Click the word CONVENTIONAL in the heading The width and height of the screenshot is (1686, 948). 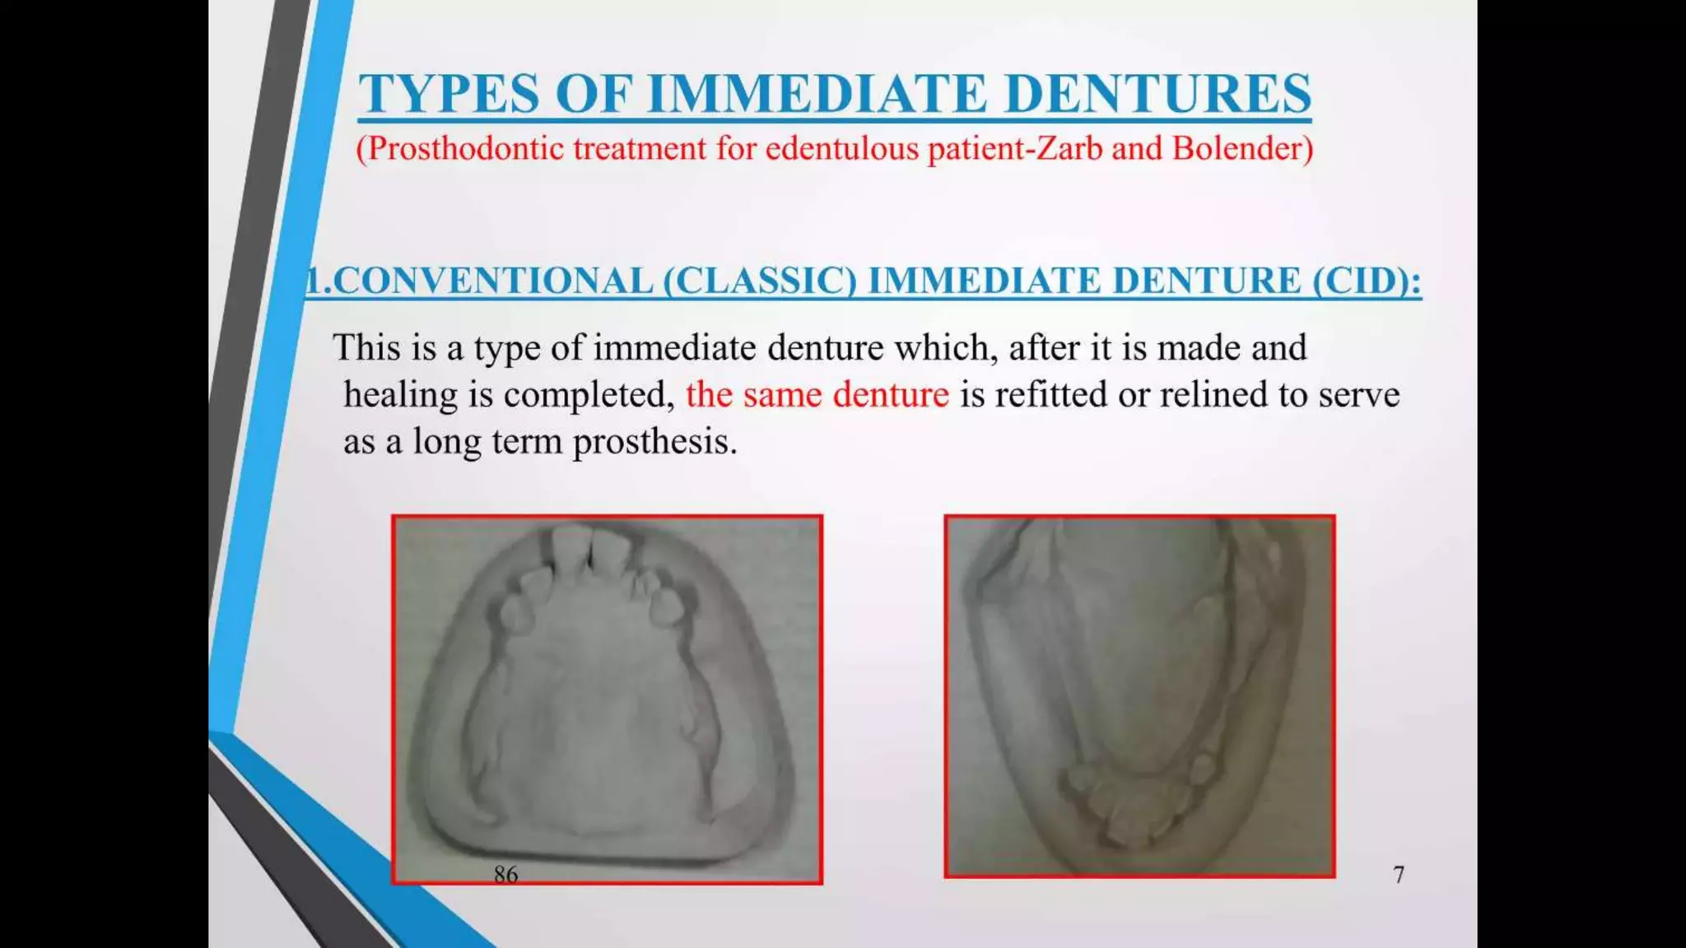(492, 281)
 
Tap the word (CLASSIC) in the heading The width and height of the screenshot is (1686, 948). (760, 281)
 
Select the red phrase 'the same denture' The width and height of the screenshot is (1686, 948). (817, 395)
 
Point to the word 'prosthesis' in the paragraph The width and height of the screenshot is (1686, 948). (654, 443)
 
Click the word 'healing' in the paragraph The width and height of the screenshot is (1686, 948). (400, 395)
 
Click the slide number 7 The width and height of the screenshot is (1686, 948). (1398, 874)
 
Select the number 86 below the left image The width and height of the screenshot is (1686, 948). (505, 874)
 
